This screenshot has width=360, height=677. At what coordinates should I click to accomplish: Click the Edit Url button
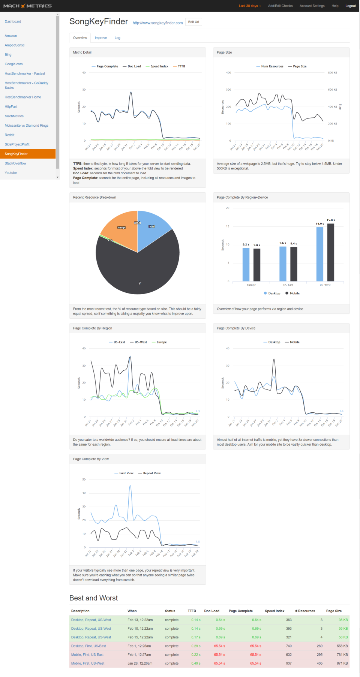pos(193,22)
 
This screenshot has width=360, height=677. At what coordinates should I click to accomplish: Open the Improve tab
pos(100,38)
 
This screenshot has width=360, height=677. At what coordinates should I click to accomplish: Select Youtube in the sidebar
pos(11,173)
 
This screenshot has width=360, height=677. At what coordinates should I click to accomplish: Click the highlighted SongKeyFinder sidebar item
pos(16,154)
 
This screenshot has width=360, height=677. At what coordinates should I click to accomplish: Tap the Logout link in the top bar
pos(350,6)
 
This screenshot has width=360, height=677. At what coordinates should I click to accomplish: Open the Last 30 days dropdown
pos(250,6)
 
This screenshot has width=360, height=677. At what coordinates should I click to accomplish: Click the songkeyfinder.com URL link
pos(157,23)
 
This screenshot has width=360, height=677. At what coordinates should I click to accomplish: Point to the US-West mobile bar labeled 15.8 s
pos(330,252)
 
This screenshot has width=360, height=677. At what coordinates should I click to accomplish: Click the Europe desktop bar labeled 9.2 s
pos(246,264)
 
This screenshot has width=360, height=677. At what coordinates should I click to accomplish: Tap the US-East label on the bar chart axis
pos(288,285)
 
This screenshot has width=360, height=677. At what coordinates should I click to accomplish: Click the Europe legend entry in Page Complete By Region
pos(161,342)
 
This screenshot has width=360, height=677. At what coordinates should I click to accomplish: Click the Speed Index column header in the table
pos(274,611)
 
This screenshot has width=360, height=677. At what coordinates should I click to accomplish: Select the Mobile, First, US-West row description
pos(88,664)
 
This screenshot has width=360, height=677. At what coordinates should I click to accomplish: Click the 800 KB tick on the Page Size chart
pos(332,73)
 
